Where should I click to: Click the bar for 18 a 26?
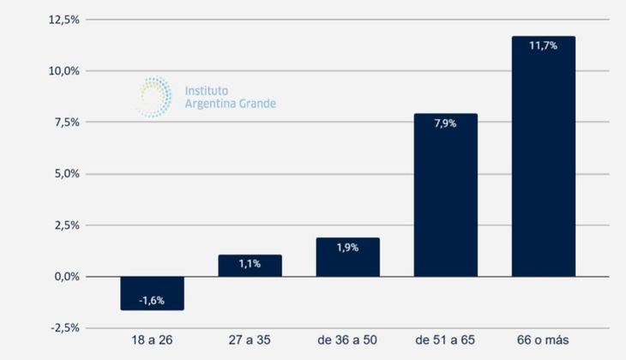(x=152, y=292)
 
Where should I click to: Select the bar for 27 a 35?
(x=250, y=266)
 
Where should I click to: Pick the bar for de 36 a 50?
(x=347, y=257)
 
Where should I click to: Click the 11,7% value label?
(x=543, y=45)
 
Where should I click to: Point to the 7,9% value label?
(x=445, y=123)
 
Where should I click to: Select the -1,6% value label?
(x=152, y=301)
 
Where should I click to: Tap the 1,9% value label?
(x=347, y=247)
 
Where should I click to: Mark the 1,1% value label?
(x=250, y=264)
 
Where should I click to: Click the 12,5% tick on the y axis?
(x=62, y=20)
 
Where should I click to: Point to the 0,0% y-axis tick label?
(x=64, y=277)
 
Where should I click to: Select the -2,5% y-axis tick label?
(x=63, y=328)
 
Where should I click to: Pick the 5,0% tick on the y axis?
(x=64, y=174)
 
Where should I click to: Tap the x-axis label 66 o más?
(x=543, y=341)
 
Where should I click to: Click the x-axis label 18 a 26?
(x=152, y=341)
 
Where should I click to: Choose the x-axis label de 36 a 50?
(x=347, y=341)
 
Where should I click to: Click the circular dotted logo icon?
(x=153, y=97)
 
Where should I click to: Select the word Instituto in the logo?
(x=208, y=89)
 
